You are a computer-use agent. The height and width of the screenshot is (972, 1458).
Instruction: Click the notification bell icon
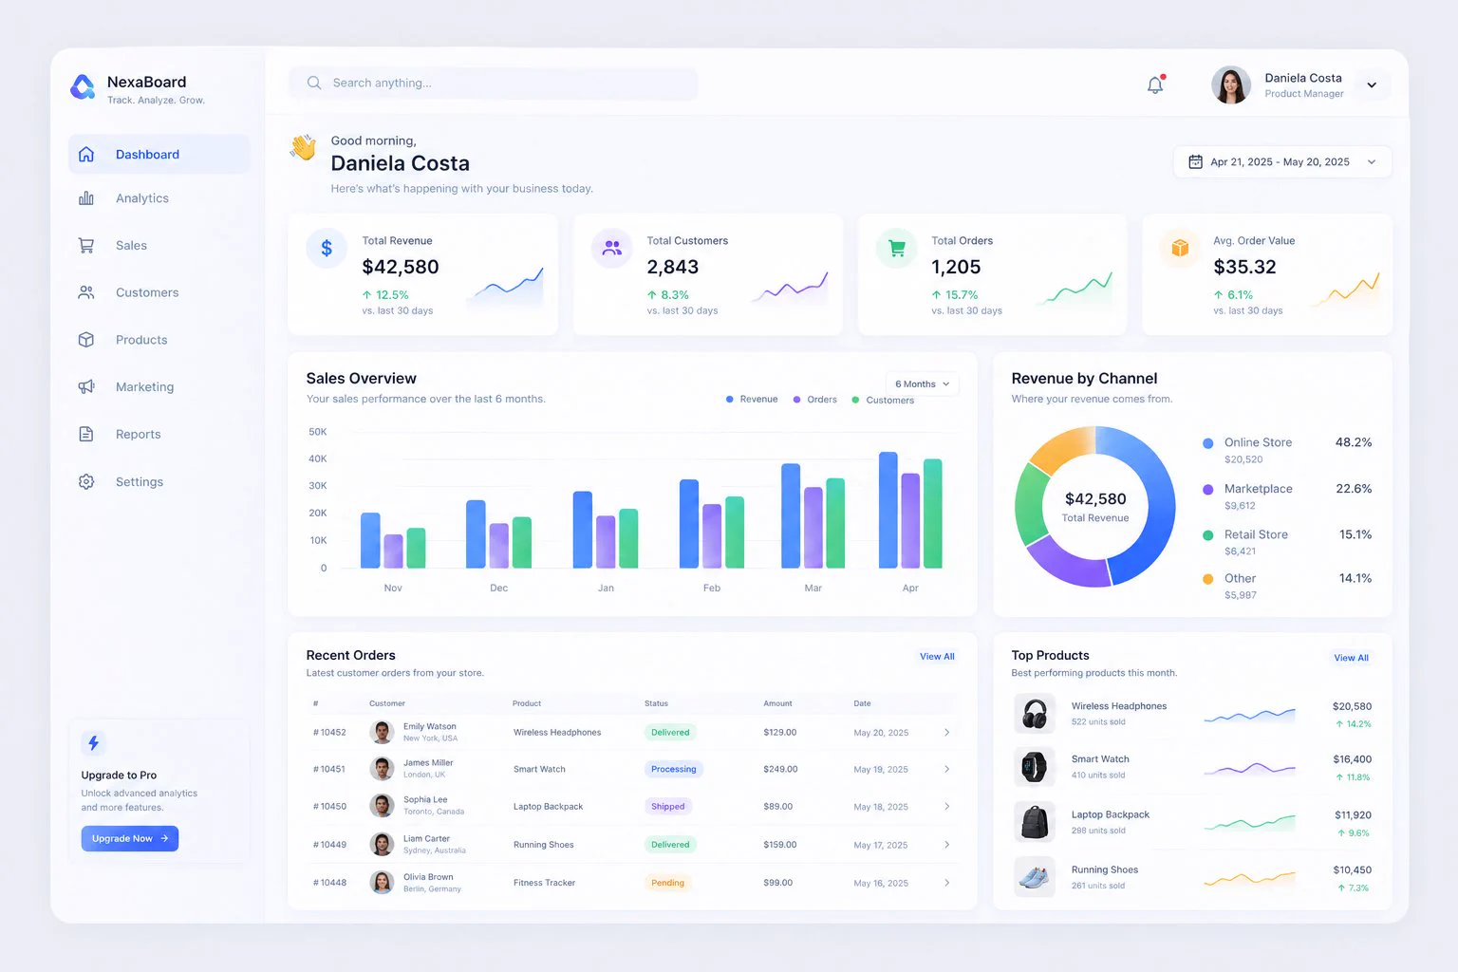tap(1155, 84)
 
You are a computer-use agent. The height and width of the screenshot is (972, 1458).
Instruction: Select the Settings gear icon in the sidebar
tap(86, 482)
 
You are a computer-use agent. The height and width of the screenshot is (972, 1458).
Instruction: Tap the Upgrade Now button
tap(129, 838)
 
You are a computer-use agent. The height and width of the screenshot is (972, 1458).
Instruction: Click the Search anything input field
tap(494, 84)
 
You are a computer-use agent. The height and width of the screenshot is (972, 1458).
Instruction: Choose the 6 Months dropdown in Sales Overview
tap(922, 384)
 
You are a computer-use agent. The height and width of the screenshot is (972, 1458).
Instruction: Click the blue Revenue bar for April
tap(888, 510)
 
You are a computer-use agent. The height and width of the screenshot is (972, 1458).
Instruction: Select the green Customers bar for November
tap(416, 548)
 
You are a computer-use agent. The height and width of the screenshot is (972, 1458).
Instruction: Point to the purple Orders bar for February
tap(712, 535)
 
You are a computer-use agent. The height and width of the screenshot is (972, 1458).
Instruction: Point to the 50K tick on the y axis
tap(318, 432)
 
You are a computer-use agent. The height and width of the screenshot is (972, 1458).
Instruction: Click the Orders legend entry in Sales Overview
tap(815, 399)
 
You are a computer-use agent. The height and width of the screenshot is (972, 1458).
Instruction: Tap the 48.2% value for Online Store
tap(1354, 442)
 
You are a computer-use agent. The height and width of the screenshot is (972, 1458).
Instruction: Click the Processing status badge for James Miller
tap(674, 769)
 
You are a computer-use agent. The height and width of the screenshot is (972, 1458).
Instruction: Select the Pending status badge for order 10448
tap(668, 883)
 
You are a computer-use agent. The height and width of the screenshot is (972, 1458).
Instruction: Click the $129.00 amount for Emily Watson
tap(779, 733)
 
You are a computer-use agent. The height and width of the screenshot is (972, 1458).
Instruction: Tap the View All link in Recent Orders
tap(937, 656)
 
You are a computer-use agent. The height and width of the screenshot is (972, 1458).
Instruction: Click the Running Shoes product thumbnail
tap(1035, 877)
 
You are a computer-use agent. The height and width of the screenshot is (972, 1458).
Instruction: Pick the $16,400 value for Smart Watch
tap(1352, 759)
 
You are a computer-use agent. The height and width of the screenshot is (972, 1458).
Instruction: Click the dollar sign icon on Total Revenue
tap(327, 248)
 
